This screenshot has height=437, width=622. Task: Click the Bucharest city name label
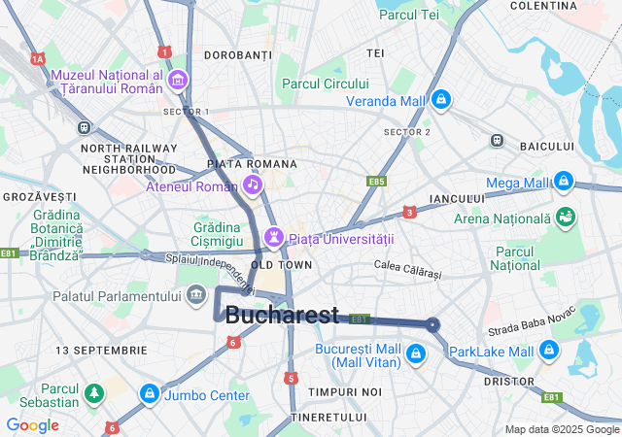pyautogui.click(x=282, y=315)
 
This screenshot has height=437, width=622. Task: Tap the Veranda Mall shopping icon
pyautogui.click(x=442, y=99)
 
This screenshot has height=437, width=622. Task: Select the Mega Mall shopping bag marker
pyautogui.click(x=563, y=181)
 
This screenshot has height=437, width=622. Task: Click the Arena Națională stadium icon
pyautogui.click(x=565, y=218)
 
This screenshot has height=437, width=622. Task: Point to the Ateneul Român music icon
pyautogui.click(x=252, y=185)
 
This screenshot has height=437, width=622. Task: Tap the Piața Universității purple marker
pyautogui.click(x=274, y=237)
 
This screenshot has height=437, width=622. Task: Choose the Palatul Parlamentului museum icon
pyautogui.click(x=197, y=293)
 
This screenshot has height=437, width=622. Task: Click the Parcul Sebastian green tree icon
pyautogui.click(x=94, y=393)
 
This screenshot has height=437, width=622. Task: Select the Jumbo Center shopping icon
pyautogui.click(x=149, y=394)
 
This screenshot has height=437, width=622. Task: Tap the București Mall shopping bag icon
pyautogui.click(x=416, y=353)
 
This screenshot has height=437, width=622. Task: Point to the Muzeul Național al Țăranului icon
pyautogui.click(x=178, y=80)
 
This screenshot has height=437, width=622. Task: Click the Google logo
pyautogui.click(x=32, y=425)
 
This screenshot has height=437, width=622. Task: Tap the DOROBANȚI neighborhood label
pyautogui.click(x=239, y=55)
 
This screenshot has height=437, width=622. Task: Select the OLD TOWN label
pyautogui.click(x=282, y=264)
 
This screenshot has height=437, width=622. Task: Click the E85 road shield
pyautogui.click(x=376, y=181)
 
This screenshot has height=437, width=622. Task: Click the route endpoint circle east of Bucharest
pyautogui.click(x=432, y=324)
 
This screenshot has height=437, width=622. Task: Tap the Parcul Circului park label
pyautogui.click(x=326, y=84)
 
